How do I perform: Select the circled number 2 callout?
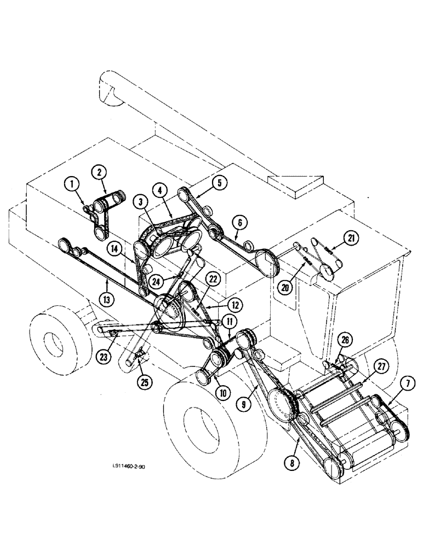point(99,173)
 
